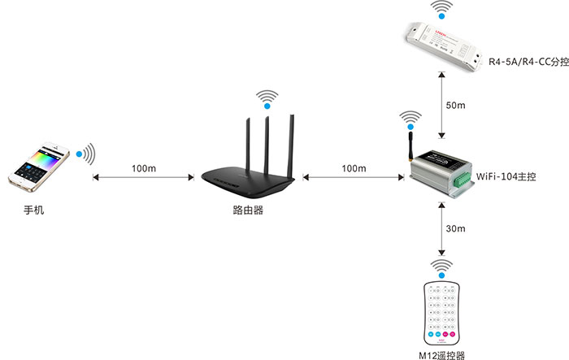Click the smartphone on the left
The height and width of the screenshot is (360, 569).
(39, 167)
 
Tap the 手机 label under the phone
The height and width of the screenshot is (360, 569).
(34, 210)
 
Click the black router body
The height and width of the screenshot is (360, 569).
(248, 181)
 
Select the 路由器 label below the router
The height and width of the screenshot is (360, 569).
(248, 210)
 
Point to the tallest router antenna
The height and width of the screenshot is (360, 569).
(291, 146)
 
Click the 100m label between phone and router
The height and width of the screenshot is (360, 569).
(144, 168)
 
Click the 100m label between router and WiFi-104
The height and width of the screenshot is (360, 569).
(354, 168)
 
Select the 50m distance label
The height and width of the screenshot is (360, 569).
(455, 106)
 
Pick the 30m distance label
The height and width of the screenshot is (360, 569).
(455, 228)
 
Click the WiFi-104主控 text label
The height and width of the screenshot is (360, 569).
(506, 176)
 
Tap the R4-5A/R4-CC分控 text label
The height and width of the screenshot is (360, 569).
(528, 62)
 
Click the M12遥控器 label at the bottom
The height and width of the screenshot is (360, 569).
(441, 355)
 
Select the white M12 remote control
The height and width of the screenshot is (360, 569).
(441, 314)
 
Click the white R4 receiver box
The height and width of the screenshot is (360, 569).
(444, 46)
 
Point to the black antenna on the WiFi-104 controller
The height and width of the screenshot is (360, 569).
(410, 146)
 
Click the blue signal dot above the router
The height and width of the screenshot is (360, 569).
(267, 106)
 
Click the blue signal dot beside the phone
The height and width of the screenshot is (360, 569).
(79, 154)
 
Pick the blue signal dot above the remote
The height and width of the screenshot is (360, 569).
(441, 275)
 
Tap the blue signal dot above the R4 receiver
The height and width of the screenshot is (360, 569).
(441, 16)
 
